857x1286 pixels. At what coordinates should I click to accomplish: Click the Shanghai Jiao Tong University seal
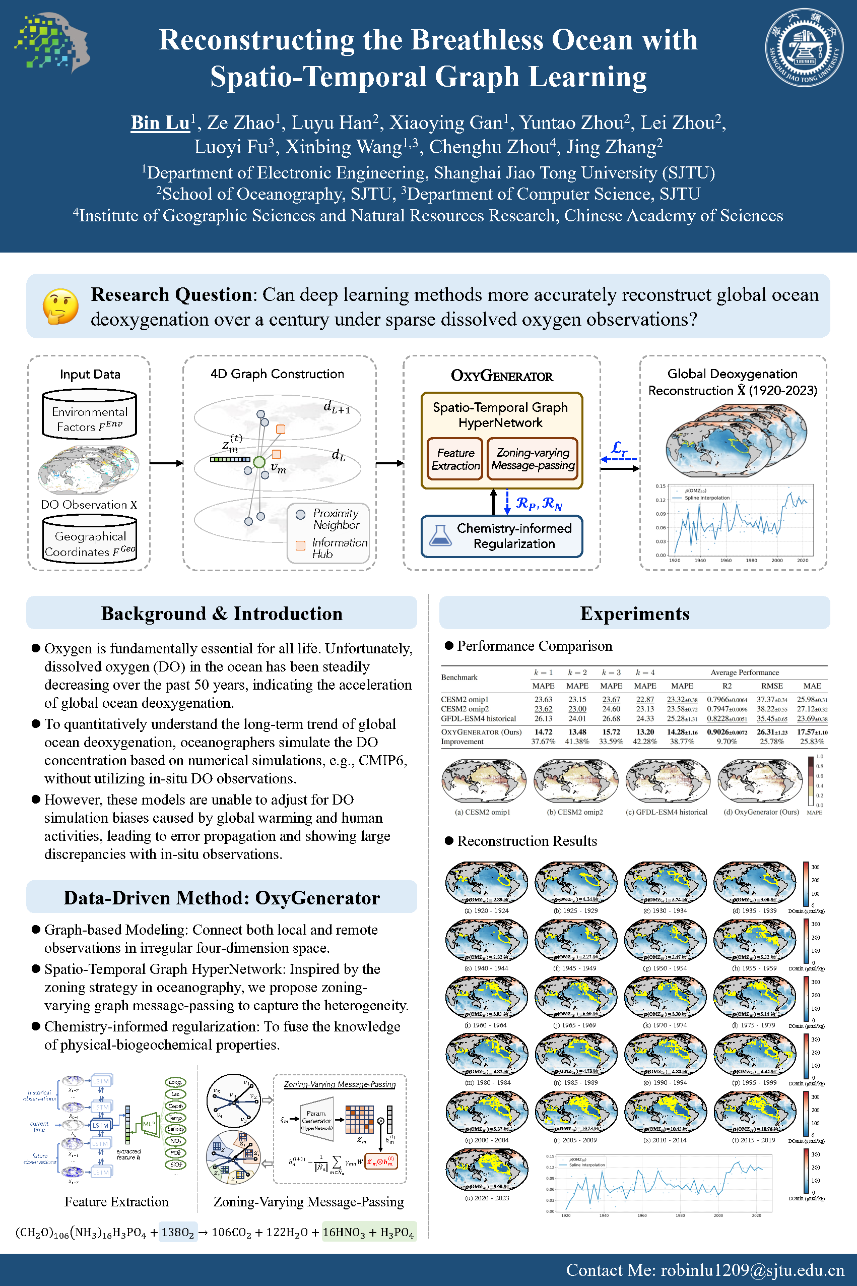(x=804, y=47)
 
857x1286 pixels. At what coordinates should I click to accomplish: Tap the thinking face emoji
(x=60, y=307)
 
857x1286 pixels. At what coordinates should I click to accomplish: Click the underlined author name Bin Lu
(x=160, y=123)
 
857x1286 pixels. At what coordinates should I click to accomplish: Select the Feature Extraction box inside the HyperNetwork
(x=455, y=459)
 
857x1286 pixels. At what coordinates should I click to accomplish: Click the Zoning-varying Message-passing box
(x=533, y=459)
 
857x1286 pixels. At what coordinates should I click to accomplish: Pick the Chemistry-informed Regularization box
(x=502, y=536)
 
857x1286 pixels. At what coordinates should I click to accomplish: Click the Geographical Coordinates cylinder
(x=90, y=540)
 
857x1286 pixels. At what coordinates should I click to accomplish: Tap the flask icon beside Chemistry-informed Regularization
(x=440, y=536)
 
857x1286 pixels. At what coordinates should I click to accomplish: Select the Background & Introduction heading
(x=221, y=614)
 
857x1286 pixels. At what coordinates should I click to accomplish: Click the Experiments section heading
(x=634, y=614)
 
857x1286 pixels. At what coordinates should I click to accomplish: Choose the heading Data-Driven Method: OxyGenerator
(x=221, y=898)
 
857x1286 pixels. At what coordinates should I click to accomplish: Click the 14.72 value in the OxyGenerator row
(x=543, y=731)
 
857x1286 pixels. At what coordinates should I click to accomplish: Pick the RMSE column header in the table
(x=772, y=686)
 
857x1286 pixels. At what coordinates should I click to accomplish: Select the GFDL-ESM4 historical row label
(x=478, y=718)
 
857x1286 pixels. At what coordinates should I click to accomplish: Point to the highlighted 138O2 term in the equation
(x=178, y=1233)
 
